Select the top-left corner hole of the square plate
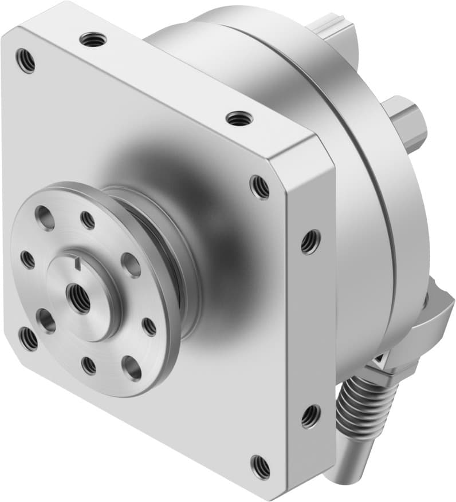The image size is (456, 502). pyautogui.click(x=25, y=60)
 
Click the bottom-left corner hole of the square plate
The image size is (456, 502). pyautogui.click(x=27, y=338)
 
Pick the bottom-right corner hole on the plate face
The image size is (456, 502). pyautogui.click(x=261, y=467)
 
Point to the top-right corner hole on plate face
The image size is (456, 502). pyautogui.click(x=260, y=186)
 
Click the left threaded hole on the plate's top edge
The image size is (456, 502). pyautogui.click(x=92, y=39)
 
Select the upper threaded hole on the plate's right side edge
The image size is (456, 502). pyautogui.click(x=310, y=241)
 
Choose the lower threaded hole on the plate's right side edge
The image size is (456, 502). pyautogui.click(x=310, y=416)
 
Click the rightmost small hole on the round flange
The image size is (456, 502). pyautogui.click(x=149, y=326)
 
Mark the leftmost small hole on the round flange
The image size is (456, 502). pyautogui.click(x=27, y=259)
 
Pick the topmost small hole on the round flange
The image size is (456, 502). pyautogui.click(x=88, y=219)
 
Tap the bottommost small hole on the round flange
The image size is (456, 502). pyautogui.click(x=89, y=365)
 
